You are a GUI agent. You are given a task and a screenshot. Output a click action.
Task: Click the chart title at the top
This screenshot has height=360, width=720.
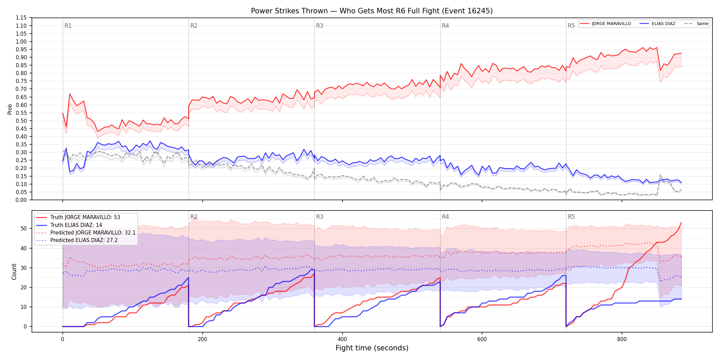pyautogui.click(x=372, y=11)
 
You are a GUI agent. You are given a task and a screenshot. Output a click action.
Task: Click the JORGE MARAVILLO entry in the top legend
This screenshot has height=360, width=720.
pyautogui.click(x=605, y=24)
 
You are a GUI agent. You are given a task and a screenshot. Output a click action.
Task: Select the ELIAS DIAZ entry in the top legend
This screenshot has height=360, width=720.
pyautogui.click(x=658, y=24)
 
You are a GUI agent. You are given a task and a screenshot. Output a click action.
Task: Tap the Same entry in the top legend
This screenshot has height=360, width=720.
pyautogui.click(x=696, y=24)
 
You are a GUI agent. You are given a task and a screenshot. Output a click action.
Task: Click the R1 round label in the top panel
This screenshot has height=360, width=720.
pyautogui.click(x=68, y=26)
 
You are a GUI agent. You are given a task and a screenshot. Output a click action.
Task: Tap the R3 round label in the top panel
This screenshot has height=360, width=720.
pyautogui.click(x=320, y=26)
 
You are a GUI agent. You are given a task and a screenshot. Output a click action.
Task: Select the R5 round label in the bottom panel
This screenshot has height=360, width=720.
pyautogui.click(x=571, y=217)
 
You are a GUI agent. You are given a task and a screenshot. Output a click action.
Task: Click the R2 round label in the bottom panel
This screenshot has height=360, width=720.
pyautogui.click(x=194, y=217)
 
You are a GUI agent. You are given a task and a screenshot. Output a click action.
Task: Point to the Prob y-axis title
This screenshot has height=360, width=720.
pyautogui.click(x=10, y=109)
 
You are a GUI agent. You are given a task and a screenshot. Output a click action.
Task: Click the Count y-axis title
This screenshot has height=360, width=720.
pyautogui.click(x=14, y=272)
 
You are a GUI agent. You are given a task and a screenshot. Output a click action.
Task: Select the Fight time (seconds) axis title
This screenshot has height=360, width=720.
pyautogui.click(x=372, y=348)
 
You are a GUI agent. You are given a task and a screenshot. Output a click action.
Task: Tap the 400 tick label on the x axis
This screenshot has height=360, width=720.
pyautogui.click(x=342, y=339)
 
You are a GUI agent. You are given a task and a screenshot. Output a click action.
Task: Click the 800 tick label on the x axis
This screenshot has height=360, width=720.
pyautogui.click(x=622, y=339)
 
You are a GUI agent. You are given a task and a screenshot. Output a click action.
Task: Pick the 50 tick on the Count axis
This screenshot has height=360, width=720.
pyautogui.click(x=24, y=229)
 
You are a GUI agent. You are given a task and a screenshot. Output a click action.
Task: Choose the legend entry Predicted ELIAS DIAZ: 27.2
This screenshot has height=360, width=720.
pyautogui.click(x=77, y=240)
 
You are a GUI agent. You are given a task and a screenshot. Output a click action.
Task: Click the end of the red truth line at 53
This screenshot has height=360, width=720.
pyautogui.click(x=681, y=223)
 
